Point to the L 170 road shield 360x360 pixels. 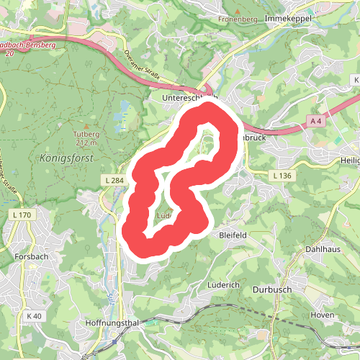click(x=24, y=215)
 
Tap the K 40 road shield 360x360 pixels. click(x=34, y=315)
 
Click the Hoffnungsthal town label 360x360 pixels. click(x=112, y=324)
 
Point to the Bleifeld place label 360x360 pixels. click(x=233, y=235)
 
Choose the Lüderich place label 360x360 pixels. click(x=223, y=285)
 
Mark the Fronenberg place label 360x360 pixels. click(x=238, y=19)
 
